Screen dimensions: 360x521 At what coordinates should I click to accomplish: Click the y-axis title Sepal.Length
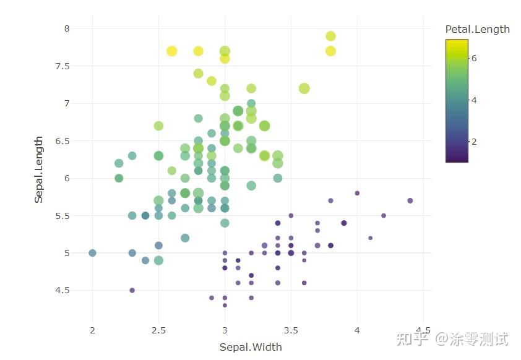[x=38, y=169]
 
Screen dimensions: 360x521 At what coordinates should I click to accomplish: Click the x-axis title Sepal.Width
[x=251, y=347]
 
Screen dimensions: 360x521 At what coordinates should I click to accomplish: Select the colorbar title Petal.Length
[x=477, y=29]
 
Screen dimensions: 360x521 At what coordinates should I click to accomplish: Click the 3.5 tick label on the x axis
[x=291, y=330]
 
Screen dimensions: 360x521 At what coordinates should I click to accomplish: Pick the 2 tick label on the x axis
[x=92, y=330]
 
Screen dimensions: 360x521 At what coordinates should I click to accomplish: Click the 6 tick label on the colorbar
[x=474, y=58]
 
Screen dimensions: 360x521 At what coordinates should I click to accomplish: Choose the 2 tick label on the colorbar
[x=474, y=141]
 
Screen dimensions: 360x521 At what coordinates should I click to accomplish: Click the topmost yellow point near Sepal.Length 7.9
[x=330, y=36]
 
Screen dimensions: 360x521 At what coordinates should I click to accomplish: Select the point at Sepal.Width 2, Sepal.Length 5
[x=92, y=253]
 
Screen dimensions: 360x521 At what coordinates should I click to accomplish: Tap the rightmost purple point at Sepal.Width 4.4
[x=410, y=200]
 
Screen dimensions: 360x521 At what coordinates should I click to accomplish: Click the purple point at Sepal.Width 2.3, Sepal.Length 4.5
[x=132, y=290]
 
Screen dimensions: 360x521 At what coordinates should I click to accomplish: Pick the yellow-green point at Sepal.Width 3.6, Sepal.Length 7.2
[x=304, y=88]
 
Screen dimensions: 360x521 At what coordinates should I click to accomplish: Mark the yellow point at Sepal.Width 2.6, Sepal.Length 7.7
[x=172, y=51]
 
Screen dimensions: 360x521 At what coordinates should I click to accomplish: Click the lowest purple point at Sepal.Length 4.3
[x=225, y=305]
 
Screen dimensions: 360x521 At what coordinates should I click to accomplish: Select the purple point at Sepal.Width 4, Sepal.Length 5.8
[x=357, y=193]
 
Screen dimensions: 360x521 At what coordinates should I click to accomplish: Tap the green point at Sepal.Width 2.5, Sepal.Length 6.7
[x=158, y=126]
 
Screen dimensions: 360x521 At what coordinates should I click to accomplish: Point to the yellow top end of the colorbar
[x=457, y=42]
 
